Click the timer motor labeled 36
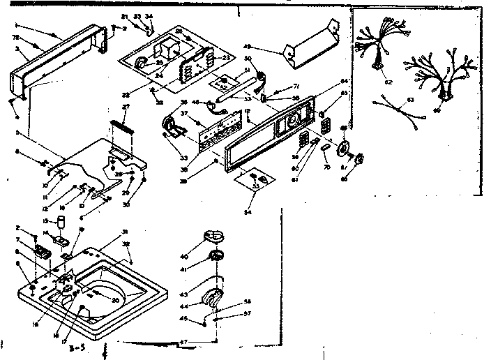coord(170,126)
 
